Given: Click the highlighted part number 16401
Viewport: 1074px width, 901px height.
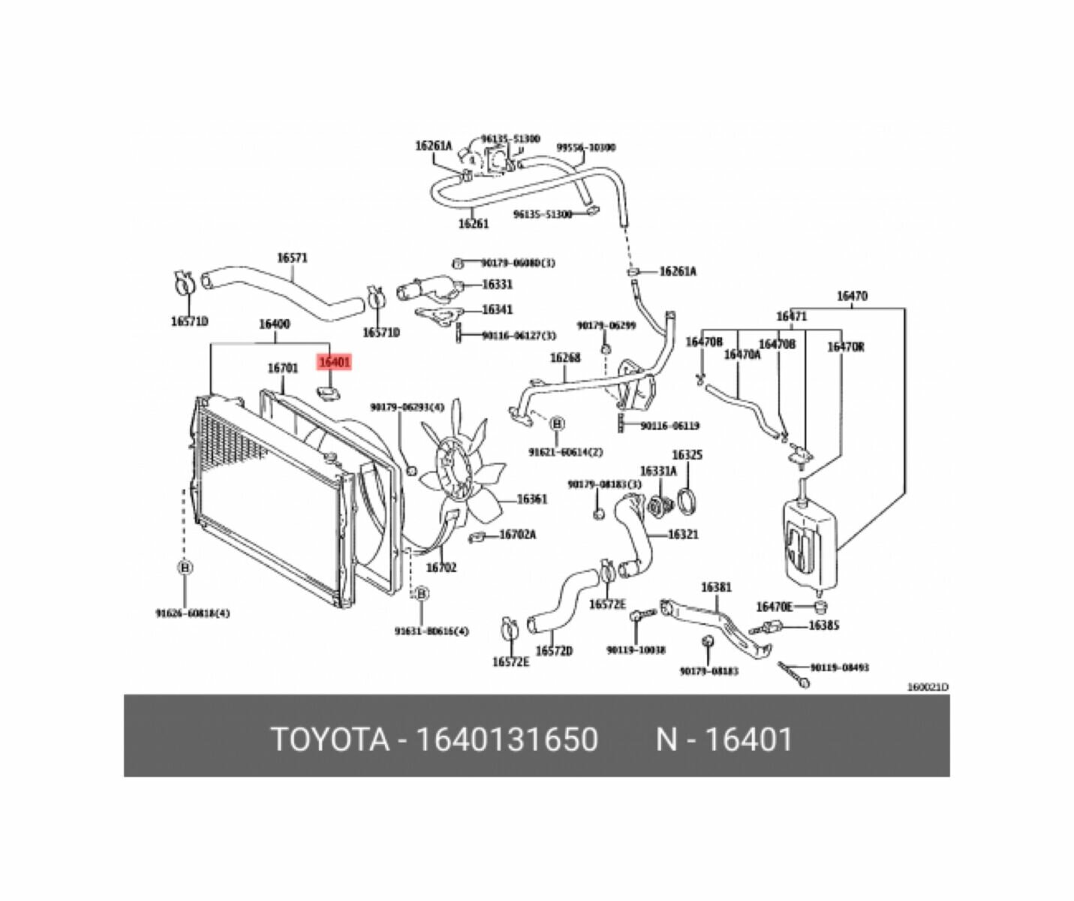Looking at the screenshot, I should [334, 363].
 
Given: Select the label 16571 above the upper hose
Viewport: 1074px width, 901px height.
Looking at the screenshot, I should [292, 258].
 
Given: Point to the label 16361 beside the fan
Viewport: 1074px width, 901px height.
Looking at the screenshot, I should [531, 499].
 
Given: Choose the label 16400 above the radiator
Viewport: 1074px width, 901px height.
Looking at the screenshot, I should [274, 324].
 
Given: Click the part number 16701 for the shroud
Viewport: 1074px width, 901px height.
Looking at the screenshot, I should [283, 368].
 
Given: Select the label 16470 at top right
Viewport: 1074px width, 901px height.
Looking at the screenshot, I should [852, 296].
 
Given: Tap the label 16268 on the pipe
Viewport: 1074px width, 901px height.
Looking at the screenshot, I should [565, 358].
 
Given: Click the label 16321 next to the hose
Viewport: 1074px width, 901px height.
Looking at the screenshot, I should [683, 535].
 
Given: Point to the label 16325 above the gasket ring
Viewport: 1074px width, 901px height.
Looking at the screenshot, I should [687, 455].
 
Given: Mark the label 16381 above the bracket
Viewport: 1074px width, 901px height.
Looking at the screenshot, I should [716, 587].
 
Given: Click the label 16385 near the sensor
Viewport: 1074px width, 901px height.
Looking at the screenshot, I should [823, 625].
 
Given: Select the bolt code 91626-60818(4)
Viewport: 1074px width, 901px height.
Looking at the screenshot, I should [193, 613].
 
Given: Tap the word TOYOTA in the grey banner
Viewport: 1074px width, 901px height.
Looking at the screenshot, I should [329, 740].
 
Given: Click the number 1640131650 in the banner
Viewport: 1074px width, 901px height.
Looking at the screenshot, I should [507, 740].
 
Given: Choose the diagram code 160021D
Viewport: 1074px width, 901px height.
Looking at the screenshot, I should [928, 687].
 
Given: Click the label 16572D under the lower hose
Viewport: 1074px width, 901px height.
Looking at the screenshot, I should [554, 651].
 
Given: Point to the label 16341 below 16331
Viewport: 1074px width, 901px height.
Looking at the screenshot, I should [497, 309].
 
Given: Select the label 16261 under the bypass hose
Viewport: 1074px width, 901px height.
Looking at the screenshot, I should [473, 224].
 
